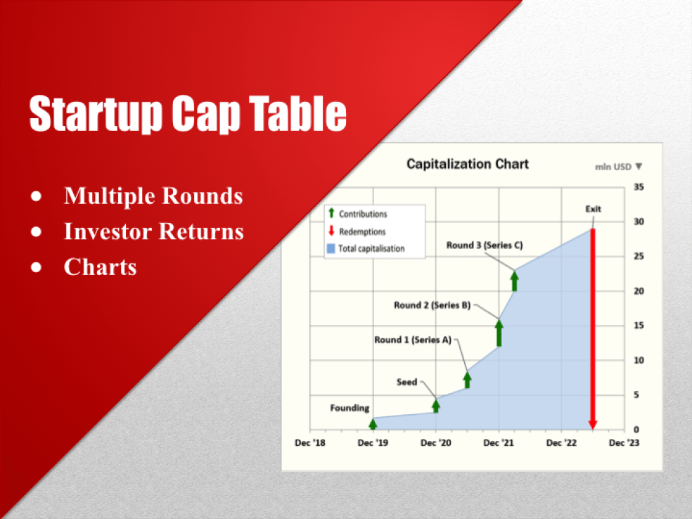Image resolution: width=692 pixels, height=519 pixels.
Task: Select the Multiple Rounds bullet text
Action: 153,196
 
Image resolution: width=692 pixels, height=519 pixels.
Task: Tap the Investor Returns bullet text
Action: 153,231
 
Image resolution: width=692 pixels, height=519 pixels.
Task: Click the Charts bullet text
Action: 100,267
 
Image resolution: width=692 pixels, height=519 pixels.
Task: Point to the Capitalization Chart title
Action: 467,164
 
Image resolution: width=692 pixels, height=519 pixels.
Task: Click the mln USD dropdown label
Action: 618,167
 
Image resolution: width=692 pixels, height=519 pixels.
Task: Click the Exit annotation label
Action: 593,209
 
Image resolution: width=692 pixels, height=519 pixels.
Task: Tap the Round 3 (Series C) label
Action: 484,245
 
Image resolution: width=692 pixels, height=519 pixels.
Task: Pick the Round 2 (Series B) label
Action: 432,305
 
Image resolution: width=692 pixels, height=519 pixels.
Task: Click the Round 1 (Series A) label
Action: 412,340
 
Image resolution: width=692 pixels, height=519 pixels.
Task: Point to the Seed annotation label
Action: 406,382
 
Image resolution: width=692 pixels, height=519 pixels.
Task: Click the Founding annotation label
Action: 350,408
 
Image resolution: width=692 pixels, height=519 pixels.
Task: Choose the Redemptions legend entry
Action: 361,231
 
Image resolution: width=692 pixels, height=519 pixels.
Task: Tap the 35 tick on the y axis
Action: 639,187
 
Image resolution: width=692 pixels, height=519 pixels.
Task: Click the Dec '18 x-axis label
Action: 309,443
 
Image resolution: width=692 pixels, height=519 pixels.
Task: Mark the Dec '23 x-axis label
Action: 624,443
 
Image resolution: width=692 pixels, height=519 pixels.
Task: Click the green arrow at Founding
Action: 373,423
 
